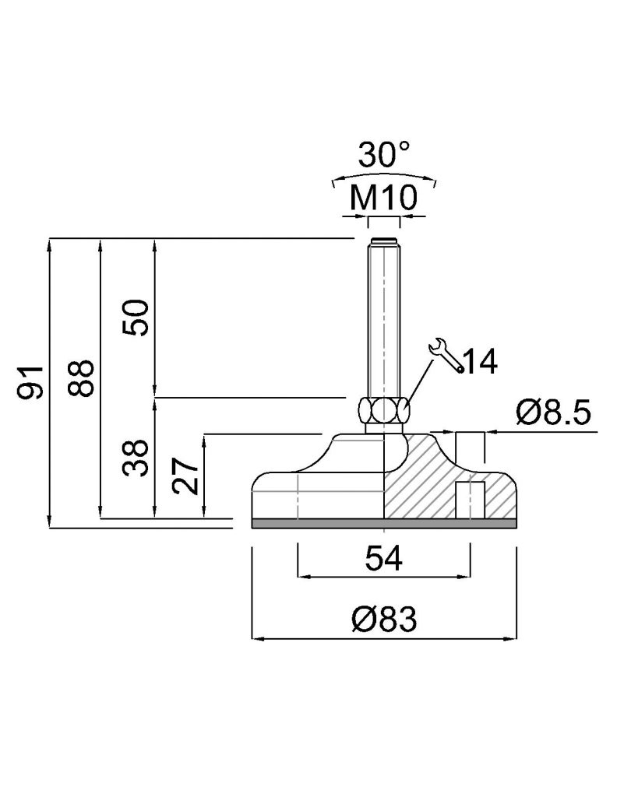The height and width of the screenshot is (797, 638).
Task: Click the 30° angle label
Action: tap(384, 155)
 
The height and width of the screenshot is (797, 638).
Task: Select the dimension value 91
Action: tap(31, 381)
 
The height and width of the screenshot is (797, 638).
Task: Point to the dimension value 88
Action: tap(81, 378)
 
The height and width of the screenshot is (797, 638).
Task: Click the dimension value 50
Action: tap(136, 318)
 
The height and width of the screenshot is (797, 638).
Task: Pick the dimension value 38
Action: tap(136, 458)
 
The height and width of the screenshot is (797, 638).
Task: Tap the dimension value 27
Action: tap(185, 476)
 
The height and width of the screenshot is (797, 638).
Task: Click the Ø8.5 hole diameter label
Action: tap(554, 413)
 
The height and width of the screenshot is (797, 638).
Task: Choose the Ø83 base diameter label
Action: tap(384, 619)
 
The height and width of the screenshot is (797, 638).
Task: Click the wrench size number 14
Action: tap(480, 361)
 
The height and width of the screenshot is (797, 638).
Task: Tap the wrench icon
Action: tap(446, 355)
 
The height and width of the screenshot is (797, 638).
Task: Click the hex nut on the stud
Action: tap(384, 409)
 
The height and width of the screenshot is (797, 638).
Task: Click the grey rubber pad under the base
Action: tap(384, 524)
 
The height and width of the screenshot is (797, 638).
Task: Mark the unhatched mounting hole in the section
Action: tap(470, 500)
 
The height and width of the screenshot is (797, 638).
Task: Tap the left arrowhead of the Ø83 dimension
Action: tap(257, 638)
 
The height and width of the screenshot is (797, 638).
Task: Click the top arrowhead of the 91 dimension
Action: tap(50, 244)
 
